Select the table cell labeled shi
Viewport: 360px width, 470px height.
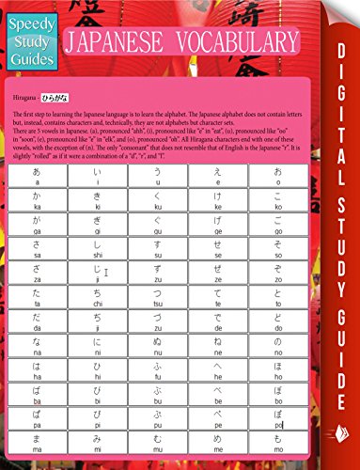coord(98,261)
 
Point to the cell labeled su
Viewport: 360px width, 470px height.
coord(157,261)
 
